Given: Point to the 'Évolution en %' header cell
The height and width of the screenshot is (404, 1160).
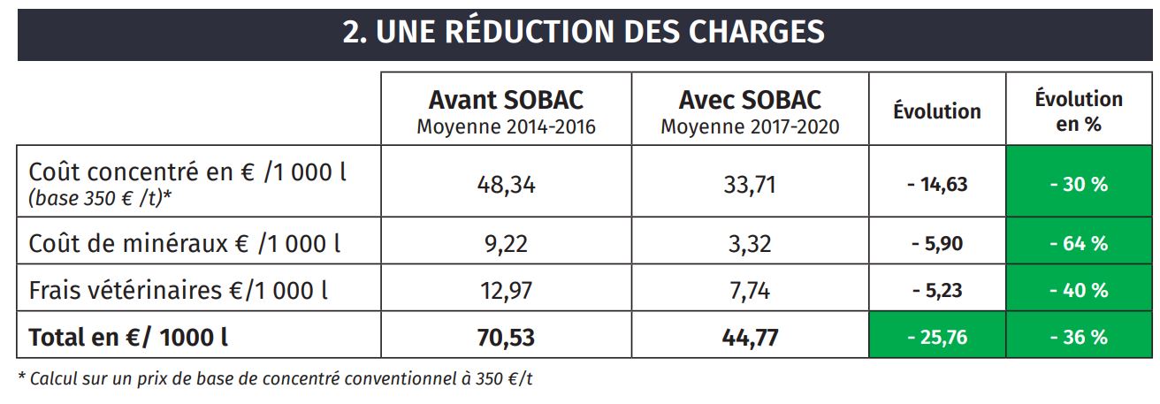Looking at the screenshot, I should pos(1079,111).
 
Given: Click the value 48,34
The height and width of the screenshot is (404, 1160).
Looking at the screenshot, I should pos(506,185).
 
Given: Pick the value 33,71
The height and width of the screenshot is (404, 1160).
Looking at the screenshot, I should pos(750,185).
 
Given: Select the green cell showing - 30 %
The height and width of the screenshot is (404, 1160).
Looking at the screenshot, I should pos(1079,185).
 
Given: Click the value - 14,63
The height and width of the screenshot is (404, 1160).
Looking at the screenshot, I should pos(937,185).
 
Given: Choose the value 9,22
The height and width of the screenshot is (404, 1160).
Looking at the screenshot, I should pos(506,243).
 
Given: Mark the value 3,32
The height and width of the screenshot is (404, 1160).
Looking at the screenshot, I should pos(750,243).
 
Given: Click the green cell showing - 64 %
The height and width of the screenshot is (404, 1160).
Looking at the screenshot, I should pos(1079,243).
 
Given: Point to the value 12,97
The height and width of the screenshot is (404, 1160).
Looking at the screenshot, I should pos(506,289).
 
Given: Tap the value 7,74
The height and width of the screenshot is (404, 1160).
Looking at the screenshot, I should pos(750,289).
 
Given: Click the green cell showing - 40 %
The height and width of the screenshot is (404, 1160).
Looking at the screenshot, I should pos(1079,289).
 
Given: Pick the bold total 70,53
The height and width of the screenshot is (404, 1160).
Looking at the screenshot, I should pos(506,337).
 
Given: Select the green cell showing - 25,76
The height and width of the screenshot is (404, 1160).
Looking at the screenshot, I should pos(937,337).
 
